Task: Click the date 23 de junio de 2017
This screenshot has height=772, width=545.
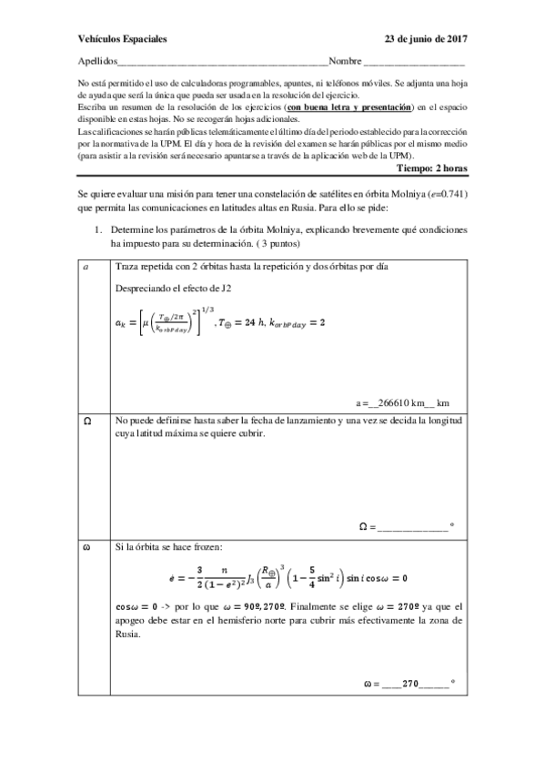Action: pyautogui.click(x=425, y=40)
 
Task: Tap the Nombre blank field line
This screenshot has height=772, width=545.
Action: pyautogui.click(x=414, y=64)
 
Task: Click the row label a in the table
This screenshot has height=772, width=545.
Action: pyautogui.click(x=86, y=268)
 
